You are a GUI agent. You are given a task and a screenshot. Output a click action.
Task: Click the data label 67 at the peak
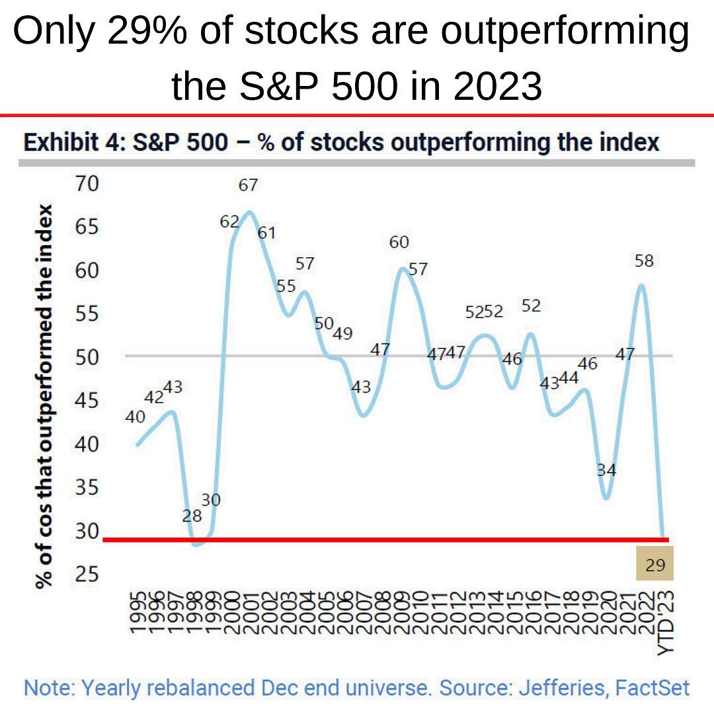(x=248, y=186)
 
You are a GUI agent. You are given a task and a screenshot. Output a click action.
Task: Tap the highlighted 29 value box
(x=654, y=565)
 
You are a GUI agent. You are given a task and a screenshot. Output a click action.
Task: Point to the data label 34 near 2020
(x=606, y=470)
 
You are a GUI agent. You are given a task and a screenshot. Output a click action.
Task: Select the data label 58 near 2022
(x=643, y=261)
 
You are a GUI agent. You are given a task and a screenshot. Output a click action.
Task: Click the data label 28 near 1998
(x=192, y=516)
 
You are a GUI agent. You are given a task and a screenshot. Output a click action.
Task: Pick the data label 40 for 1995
(x=135, y=417)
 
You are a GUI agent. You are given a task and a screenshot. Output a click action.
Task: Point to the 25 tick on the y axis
(x=85, y=575)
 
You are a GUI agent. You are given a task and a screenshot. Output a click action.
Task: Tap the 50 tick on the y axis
(x=85, y=357)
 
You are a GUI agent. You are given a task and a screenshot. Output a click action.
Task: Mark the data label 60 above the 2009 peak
(x=399, y=243)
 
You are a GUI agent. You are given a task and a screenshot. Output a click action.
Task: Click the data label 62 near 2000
(x=229, y=222)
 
